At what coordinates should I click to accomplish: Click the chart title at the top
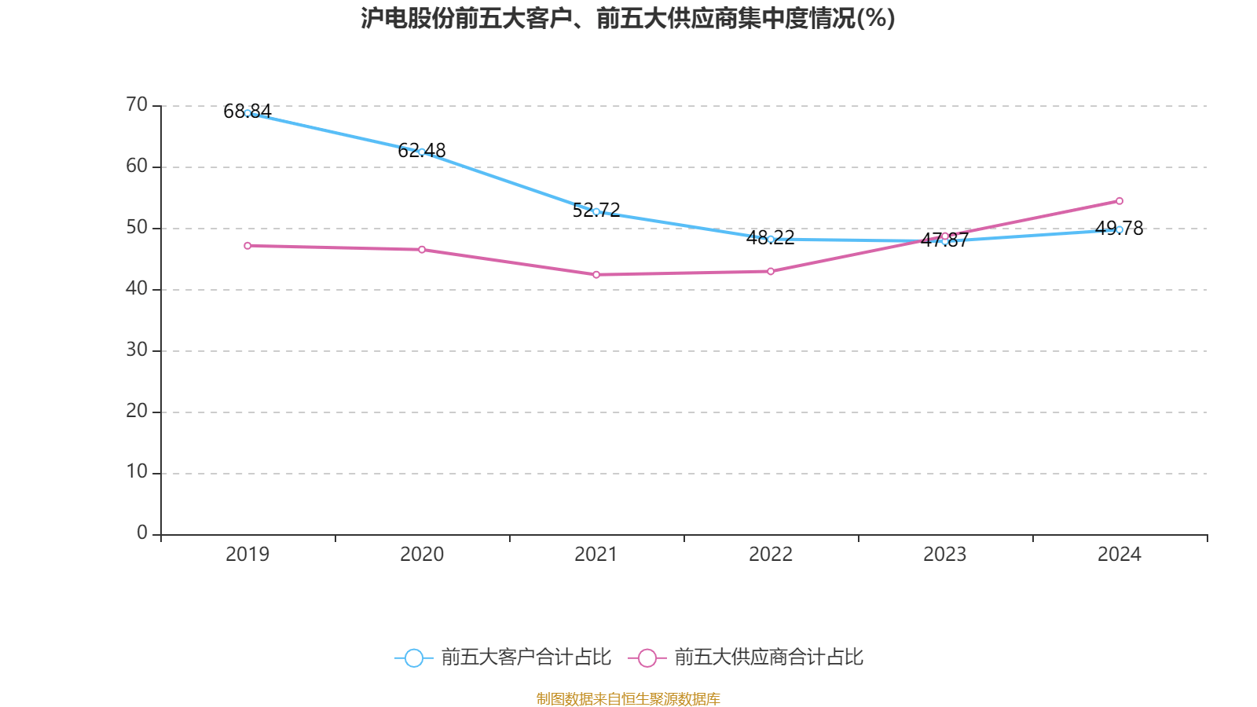coord(628,18)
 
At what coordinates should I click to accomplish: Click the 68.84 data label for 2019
coord(247,112)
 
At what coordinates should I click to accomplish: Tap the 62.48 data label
coord(422,150)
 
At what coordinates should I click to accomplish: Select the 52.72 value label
coord(596,210)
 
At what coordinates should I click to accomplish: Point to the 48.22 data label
coord(771,237)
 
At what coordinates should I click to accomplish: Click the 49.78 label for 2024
coord(1120,229)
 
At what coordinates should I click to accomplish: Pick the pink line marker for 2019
coord(247,246)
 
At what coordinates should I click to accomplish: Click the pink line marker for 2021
coord(596,275)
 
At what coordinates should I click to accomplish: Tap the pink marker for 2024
coord(1120,201)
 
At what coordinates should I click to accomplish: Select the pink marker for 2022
coord(771,271)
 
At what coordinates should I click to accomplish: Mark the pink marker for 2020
coord(422,250)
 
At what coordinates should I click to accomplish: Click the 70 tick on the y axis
coord(137,104)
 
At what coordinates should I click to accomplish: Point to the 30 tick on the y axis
coord(137,350)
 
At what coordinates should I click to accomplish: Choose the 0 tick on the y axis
coord(141,533)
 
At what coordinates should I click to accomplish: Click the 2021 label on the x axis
coord(596,555)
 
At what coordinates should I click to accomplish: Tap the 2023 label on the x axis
coord(944,555)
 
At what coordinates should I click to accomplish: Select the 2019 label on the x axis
coord(247,555)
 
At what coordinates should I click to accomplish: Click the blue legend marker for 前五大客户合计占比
coord(413,658)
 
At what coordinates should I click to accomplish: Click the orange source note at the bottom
coord(628,698)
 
